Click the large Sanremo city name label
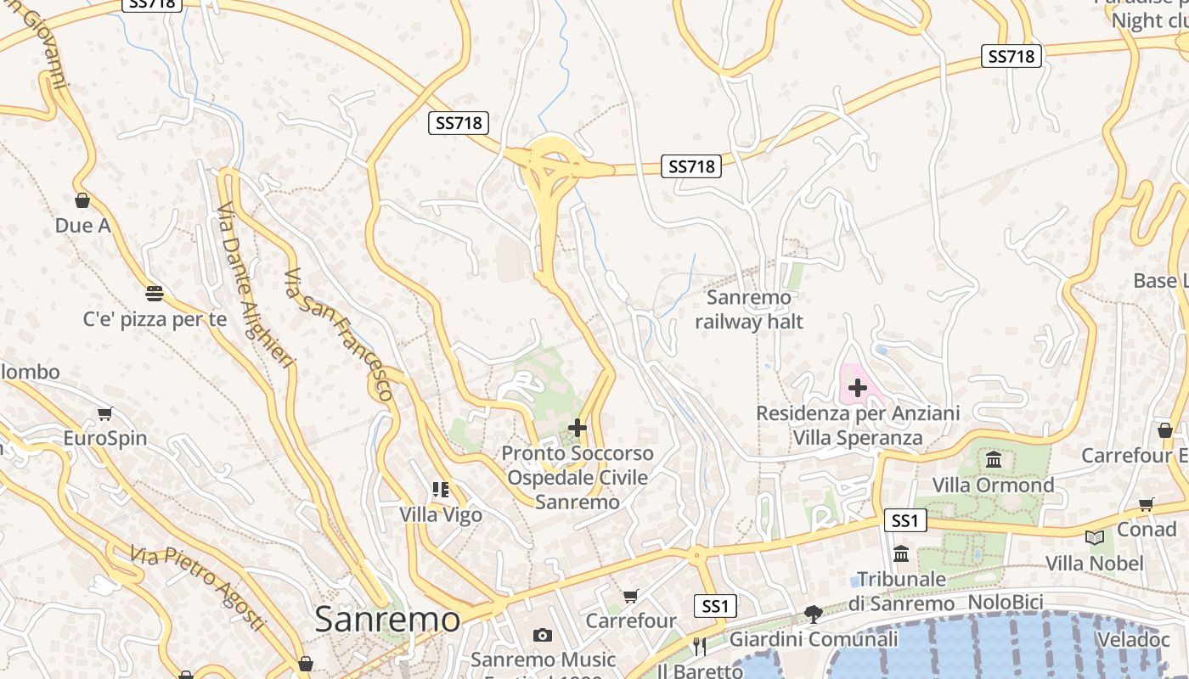tap(387, 620)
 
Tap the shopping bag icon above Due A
tap(82, 201)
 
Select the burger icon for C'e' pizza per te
tap(155, 294)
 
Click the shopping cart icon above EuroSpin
tap(104, 414)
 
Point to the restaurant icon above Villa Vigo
tap(440, 490)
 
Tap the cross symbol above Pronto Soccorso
tap(578, 428)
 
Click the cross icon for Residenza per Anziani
tap(858, 389)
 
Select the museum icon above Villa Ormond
tap(993, 460)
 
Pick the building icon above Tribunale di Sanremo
tap(901, 554)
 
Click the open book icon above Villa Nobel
tap(1095, 537)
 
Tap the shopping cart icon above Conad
tap(1146, 505)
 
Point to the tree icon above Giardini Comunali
tap(814, 614)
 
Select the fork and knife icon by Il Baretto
tap(699, 647)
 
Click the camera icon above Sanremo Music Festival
tap(543, 635)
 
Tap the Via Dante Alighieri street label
tap(255, 286)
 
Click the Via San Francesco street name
tap(339, 334)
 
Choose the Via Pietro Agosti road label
tap(197, 588)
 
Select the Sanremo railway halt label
tap(748, 310)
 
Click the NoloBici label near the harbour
tap(1006, 603)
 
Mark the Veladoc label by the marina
tap(1133, 639)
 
